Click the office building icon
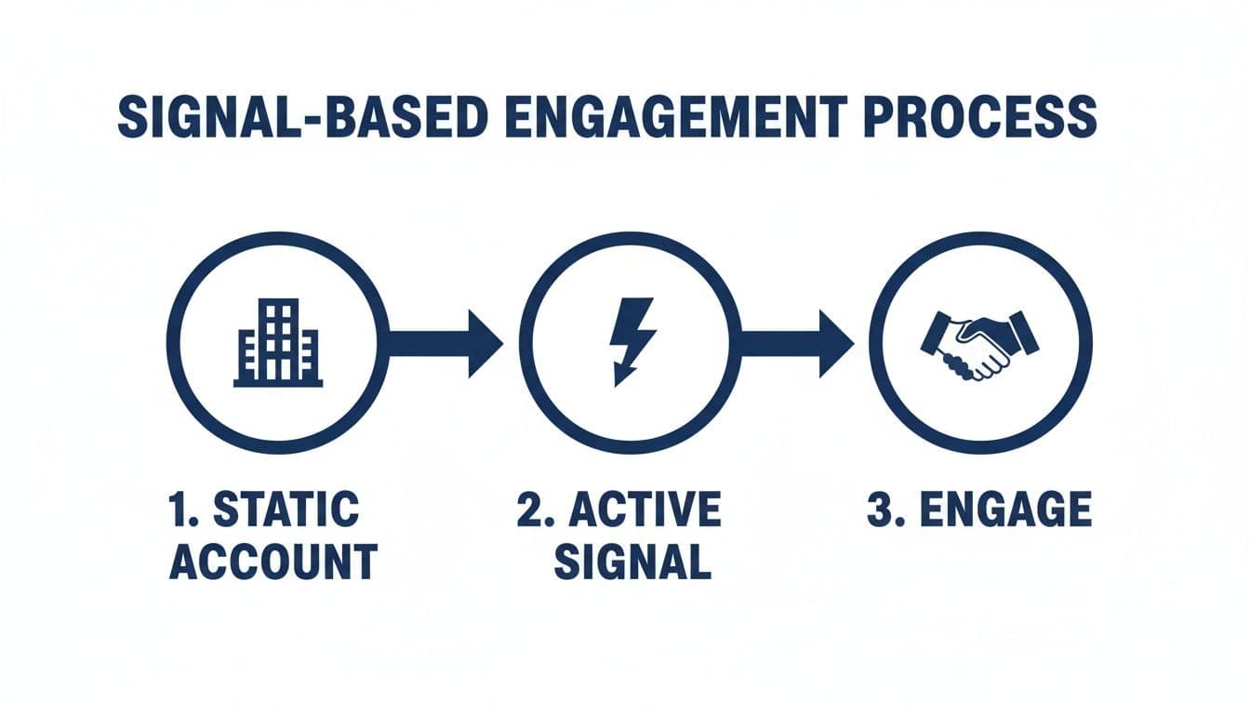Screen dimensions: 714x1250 click(x=278, y=342)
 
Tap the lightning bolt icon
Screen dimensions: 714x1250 click(x=630, y=340)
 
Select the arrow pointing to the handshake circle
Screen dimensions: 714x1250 click(x=796, y=343)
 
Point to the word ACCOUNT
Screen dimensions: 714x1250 click(x=273, y=562)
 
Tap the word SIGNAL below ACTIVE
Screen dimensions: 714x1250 click(x=632, y=562)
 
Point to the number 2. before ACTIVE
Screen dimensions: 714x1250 click(x=536, y=510)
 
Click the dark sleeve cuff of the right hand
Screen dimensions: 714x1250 click(x=1023, y=334)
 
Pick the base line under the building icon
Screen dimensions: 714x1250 click(x=278, y=382)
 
